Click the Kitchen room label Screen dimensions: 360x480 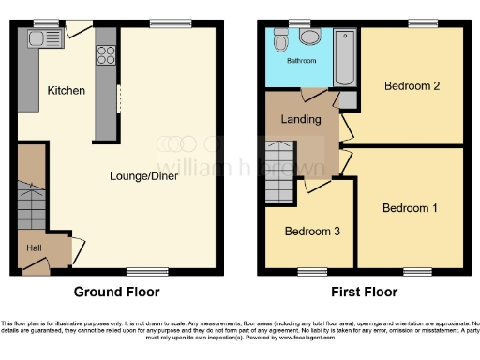tap(67, 91)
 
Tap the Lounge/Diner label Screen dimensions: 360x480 tap(144, 175)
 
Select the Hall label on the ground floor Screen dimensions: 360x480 tap(32, 247)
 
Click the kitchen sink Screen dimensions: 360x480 tap(41, 38)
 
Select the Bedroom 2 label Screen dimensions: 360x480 tap(412, 86)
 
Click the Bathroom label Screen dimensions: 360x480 tap(301, 61)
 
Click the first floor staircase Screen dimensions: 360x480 tap(279, 172)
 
